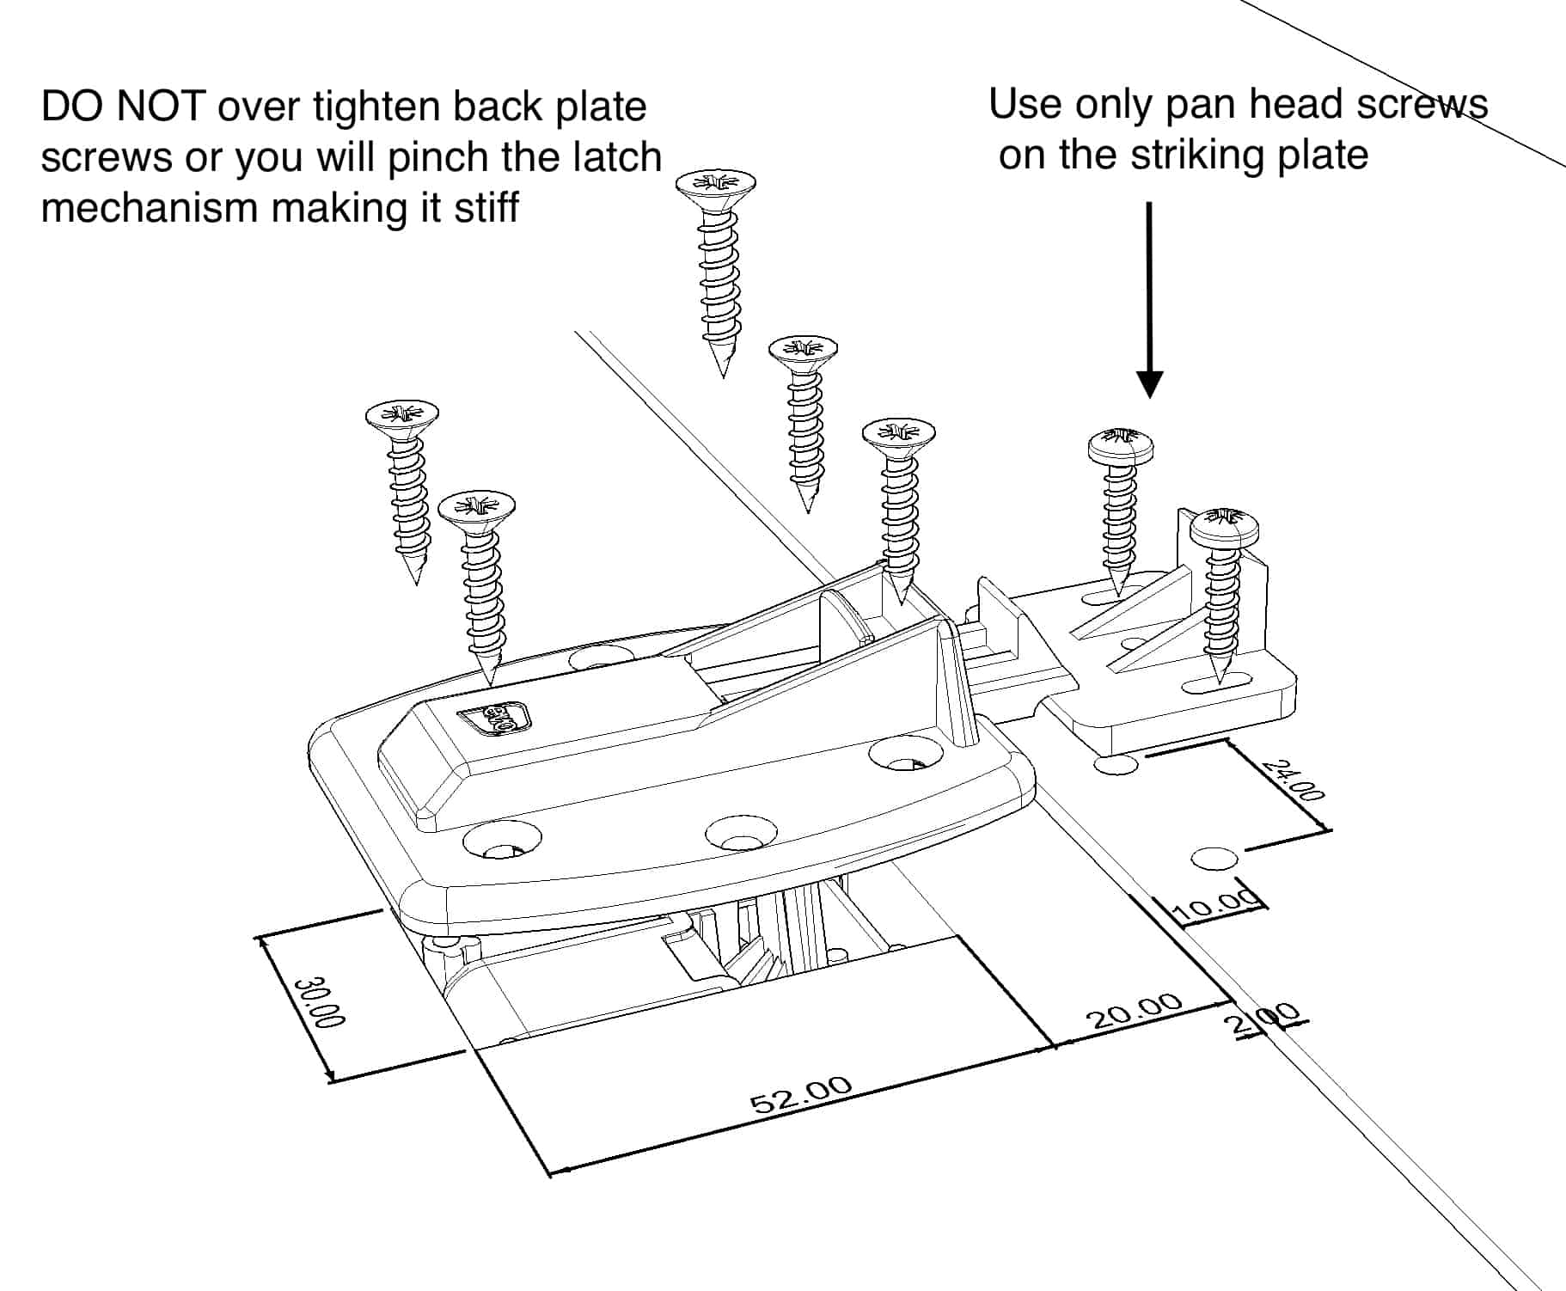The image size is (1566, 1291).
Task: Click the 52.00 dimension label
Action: point(801,1093)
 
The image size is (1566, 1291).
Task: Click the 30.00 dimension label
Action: point(319,1002)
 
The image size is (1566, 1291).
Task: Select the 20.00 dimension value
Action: point(1135,1011)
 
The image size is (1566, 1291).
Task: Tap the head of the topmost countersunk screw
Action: point(715,184)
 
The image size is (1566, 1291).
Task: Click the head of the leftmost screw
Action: point(401,415)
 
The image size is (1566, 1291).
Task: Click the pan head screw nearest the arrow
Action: point(1121,447)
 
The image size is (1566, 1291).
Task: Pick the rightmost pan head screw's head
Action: point(1224,526)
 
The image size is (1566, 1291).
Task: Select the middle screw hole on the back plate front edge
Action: point(741,831)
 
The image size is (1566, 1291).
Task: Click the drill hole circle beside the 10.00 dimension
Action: point(1214,858)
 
